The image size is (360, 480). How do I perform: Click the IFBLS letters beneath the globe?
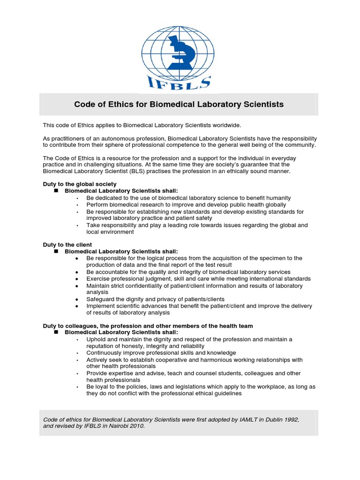180,84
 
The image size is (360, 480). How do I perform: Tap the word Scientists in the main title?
262,105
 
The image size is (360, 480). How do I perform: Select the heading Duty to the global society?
80,184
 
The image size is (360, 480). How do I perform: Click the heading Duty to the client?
67,245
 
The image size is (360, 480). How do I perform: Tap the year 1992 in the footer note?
291,420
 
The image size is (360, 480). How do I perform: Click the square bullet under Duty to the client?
56,252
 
